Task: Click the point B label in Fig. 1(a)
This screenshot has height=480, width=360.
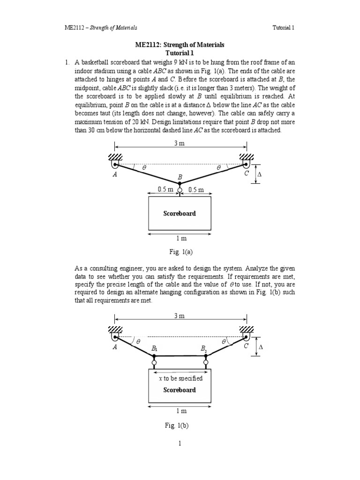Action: tap(180, 178)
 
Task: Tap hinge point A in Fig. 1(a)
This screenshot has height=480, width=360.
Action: tap(115, 164)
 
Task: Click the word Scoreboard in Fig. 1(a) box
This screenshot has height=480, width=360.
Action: tap(180, 213)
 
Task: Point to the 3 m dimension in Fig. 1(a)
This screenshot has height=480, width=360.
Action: tap(180, 143)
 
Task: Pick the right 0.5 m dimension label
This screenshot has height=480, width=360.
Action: tap(195, 189)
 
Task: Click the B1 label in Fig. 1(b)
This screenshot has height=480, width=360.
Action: tap(154, 348)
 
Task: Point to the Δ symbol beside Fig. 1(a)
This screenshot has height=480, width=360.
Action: tap(261, 173)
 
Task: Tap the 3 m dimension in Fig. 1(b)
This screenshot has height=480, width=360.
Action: tap(180, 316)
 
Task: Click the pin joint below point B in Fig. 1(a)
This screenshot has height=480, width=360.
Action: tap(180, 190)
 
